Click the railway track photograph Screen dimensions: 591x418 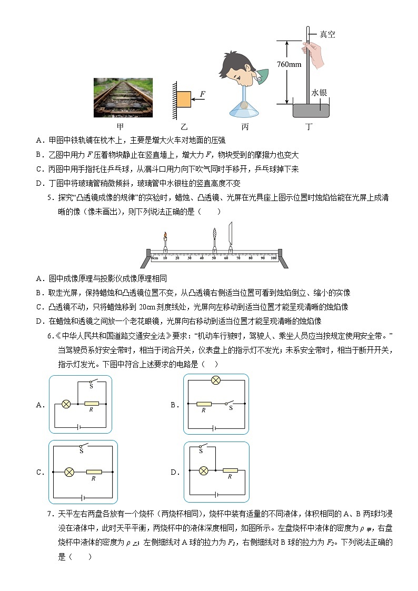(x=123, y=97)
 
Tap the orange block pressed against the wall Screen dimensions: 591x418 (x=183, y=99)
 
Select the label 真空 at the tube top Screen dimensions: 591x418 (x=327, y=35)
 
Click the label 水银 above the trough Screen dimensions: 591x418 (x=319, y=93)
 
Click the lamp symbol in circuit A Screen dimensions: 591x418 (x=66, y=404)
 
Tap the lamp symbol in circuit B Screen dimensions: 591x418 (x=215, y=381)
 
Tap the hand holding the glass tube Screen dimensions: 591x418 (x=314, y=55)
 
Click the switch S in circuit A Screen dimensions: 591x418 (x=93, y=382)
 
